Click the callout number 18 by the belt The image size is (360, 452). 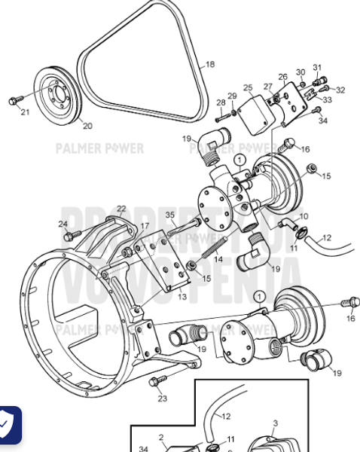pos(209,65)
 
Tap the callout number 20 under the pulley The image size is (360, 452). pos(87,126)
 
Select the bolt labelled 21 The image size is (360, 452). pos(14,100)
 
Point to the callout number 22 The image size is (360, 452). pos(121,209)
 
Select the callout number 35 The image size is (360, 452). pos(170,215)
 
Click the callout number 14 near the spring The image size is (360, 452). pos(218,259)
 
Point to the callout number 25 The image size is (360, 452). pos(248,88)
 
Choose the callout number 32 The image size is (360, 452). pos(340,90)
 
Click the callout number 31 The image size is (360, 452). pos(317,68)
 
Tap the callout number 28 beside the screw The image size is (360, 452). pos(221,102)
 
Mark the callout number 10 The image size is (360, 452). pos(304,216)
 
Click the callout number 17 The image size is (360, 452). pos(145,226)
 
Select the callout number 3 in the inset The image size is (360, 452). pos(275,423)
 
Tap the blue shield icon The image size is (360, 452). pos(9,426)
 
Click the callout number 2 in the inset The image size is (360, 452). pos(160,437)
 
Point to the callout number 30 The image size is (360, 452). pos(301,72)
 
